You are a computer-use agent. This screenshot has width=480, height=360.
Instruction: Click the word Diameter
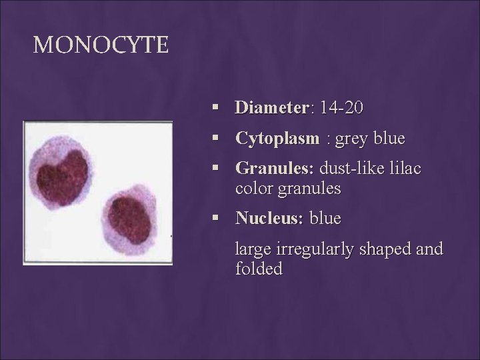click(272, 107)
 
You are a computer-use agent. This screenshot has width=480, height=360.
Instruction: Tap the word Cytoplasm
click(275, 139)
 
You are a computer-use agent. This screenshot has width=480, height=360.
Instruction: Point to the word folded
click(259, 269)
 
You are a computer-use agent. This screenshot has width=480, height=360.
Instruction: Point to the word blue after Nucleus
click(327, 218)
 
